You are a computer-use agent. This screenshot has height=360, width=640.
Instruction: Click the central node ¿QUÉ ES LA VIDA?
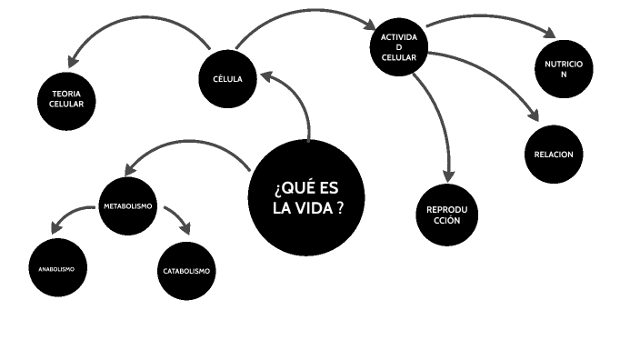click(x=307, y=197)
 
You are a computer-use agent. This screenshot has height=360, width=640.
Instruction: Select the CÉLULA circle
click(x=226, y=78)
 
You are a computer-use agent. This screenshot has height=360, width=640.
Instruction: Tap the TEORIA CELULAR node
click(x=67, y=100)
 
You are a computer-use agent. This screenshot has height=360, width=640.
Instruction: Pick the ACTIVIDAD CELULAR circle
click(x=398, y=47)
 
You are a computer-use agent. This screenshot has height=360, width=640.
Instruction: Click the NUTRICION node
click(x=564, y=69)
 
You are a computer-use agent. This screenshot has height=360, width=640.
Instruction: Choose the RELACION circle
click(x=553, y=154)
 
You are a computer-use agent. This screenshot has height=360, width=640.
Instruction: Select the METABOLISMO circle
click(x=127, y=206)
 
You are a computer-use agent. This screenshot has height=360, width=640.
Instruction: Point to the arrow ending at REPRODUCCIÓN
click(x=442, y=127)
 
